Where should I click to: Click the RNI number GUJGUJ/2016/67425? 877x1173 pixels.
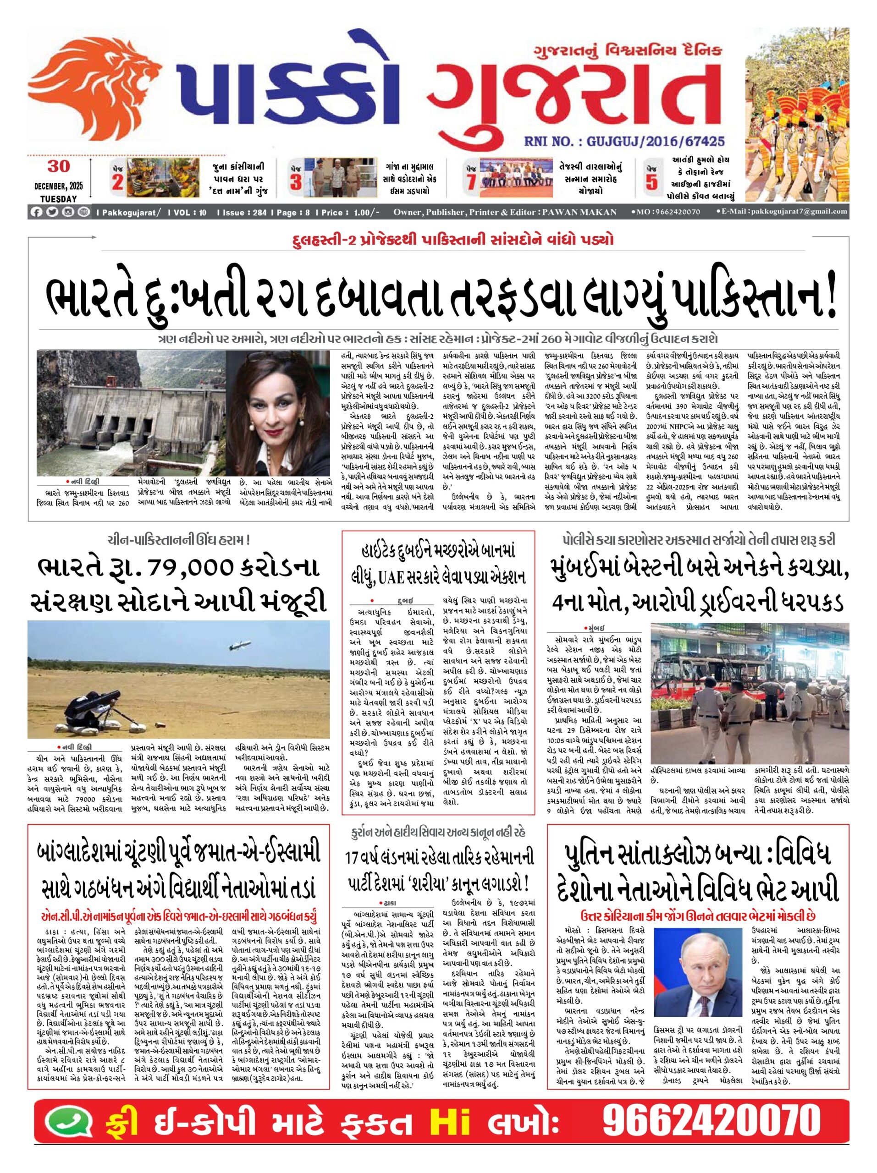(x=624, y=141)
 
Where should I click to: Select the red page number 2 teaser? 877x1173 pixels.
(x=117, y=181)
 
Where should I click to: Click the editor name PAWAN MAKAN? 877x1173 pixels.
(x=579, y=212)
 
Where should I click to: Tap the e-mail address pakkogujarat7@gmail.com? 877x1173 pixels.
(x=785, y=212)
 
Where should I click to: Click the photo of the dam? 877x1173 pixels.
(x=132, y=414)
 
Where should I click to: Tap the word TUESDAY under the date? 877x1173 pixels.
(x=58, y=199)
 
